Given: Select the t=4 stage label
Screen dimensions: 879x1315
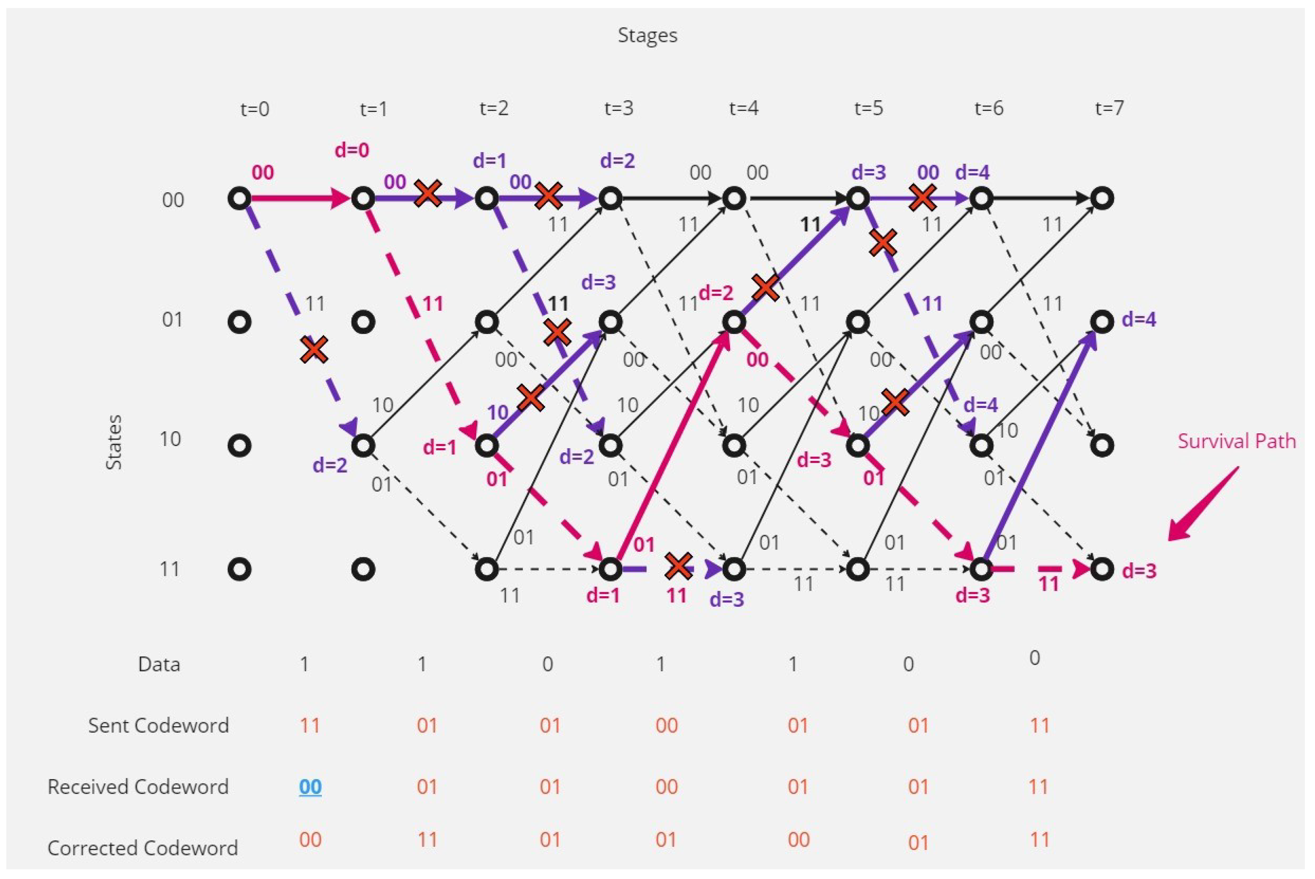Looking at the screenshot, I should click(744, 108).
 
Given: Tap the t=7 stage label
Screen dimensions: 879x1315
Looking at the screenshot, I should click(1109, 108).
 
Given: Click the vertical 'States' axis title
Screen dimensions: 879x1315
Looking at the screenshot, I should click(114, 442).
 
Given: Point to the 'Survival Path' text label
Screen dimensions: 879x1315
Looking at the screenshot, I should click(1236, 441).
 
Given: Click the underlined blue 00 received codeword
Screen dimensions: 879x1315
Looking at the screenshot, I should click(310, 786).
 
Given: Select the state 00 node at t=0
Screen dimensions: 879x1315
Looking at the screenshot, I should click(239, 198).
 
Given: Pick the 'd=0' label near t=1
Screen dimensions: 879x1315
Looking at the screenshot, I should click(351, 150).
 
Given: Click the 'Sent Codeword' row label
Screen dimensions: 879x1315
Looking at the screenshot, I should click(159, 726).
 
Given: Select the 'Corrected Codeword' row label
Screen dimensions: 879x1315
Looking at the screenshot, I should click(143, 848).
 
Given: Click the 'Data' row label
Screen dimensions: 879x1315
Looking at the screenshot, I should click(159, 664).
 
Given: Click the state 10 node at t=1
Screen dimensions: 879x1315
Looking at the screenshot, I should click(363, 446).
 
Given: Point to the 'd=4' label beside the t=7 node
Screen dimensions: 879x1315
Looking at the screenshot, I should click(1139, 320).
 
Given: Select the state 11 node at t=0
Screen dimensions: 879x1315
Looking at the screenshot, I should click(239, 570).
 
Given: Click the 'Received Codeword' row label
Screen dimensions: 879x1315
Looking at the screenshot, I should click(138, 786).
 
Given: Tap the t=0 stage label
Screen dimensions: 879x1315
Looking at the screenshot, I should click(255, 108).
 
